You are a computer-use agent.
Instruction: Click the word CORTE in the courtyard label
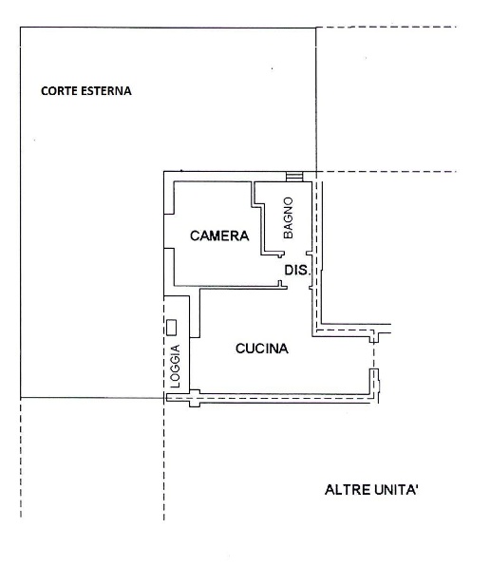point(59,91)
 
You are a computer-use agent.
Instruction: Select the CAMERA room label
point(219,236)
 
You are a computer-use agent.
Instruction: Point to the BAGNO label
point(289,217)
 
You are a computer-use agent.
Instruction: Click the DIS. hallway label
point(296,270)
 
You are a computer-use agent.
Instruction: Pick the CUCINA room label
point(262,349)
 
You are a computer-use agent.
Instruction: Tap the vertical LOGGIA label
point(175,366)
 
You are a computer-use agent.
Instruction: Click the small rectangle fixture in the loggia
point(171,328)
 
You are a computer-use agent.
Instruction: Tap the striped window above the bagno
point(294,177)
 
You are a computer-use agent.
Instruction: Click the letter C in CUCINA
point(240,349)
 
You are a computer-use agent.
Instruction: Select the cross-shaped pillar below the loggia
point(195,398)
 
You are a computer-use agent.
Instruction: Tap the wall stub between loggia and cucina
point(195,313)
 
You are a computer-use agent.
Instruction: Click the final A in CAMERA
point(244,236)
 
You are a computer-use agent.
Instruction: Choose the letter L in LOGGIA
point(175,385)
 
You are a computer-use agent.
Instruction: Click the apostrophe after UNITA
point(417,486)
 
